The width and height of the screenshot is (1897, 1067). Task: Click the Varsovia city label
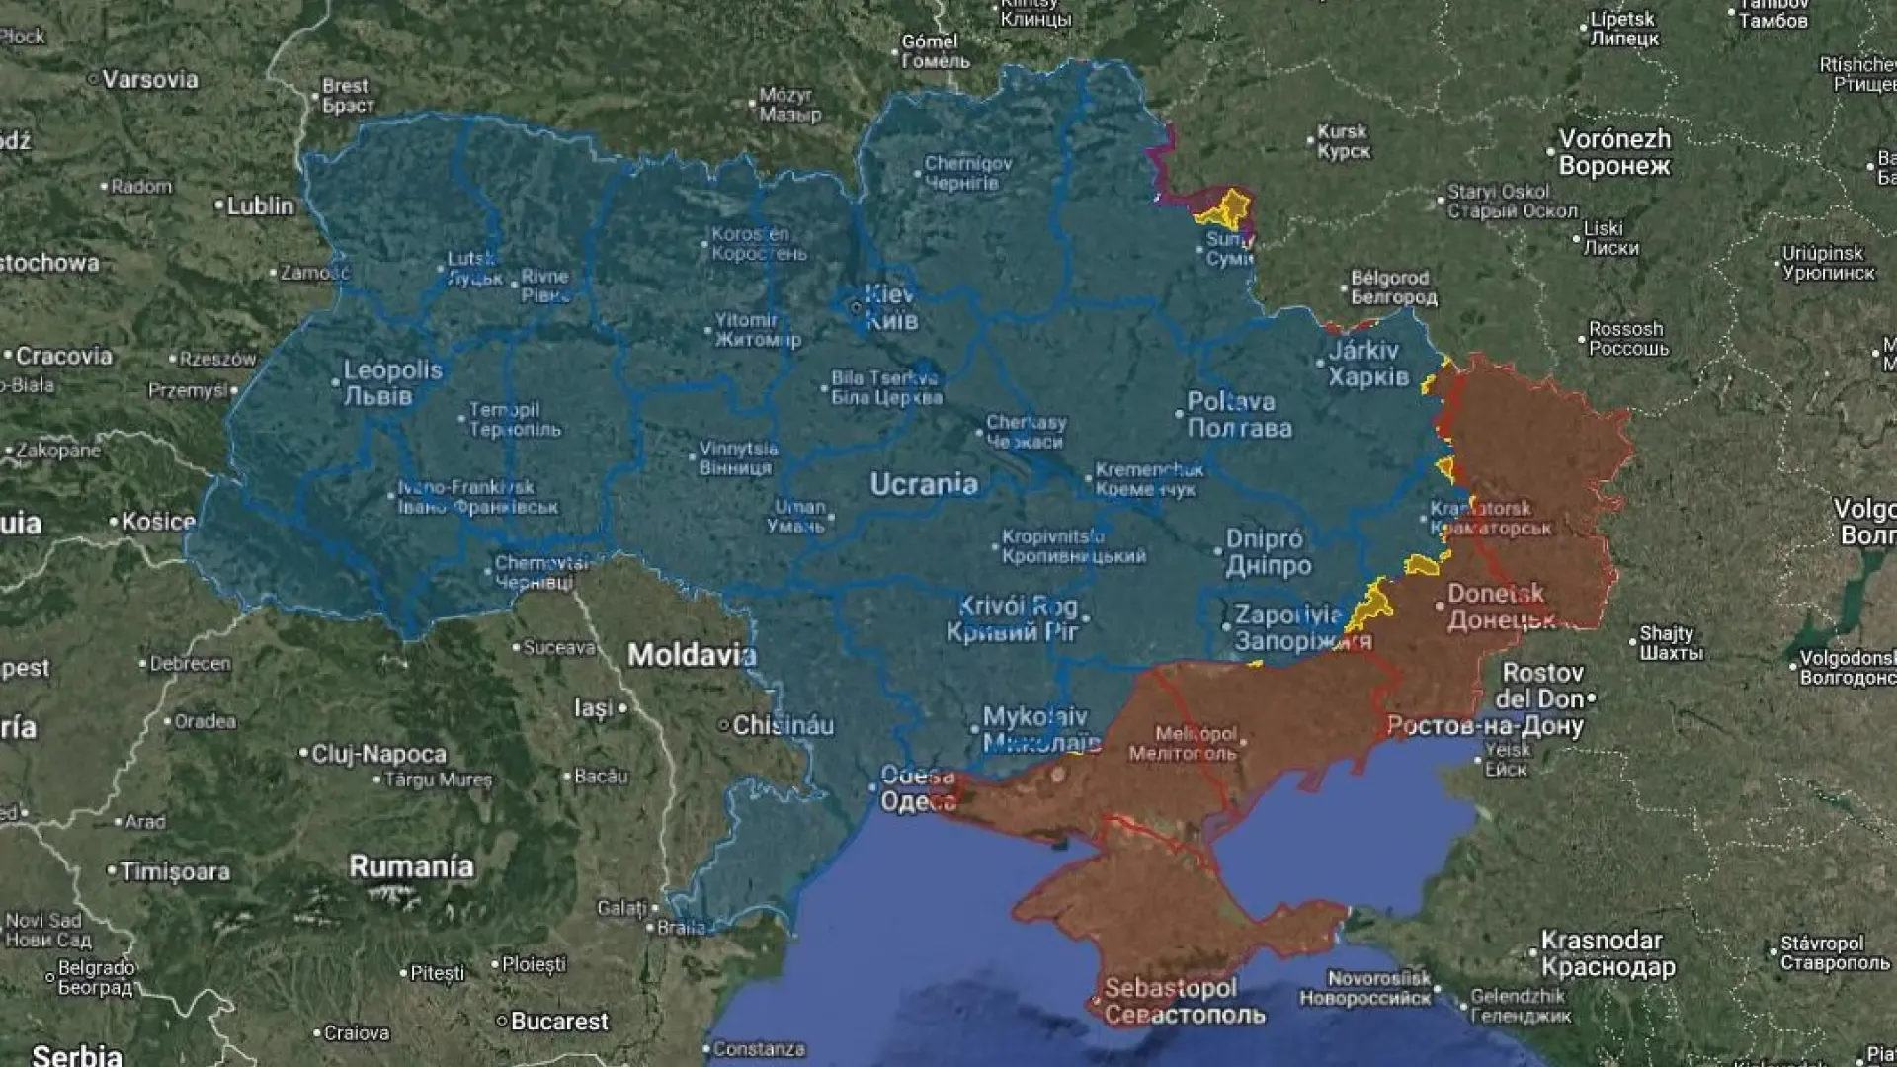pos(150,79)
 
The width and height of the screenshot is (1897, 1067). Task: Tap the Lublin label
pos(260,205)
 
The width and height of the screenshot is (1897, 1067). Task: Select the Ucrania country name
pos(924,484)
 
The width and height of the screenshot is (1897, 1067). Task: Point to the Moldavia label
pos(692,654)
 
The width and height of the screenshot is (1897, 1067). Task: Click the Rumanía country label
pos(411,866)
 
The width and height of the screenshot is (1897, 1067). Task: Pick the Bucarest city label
pos(559,1021)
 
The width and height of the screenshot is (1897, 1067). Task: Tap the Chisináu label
pos(783,725)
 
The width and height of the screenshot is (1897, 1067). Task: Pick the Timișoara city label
pos(175,871)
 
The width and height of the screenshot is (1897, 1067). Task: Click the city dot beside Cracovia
pos(8,356)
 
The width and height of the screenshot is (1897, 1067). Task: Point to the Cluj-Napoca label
pos(378,754)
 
